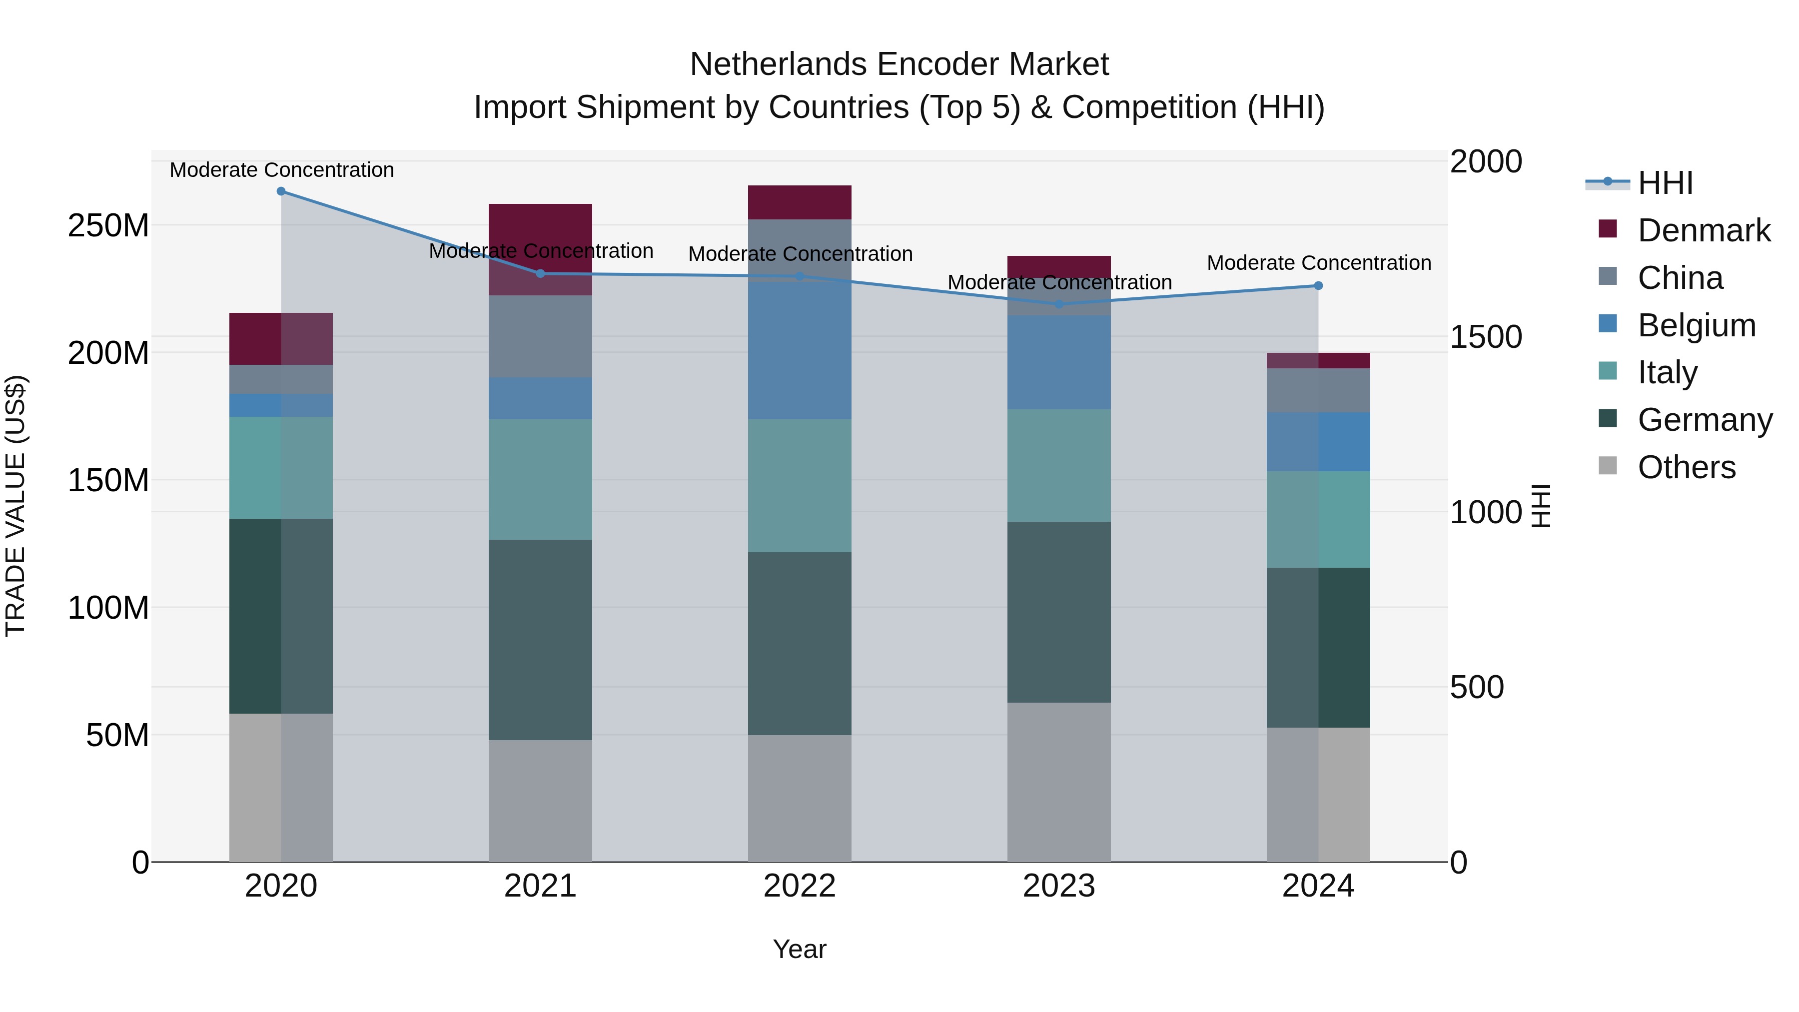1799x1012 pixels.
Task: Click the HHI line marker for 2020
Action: pyautogui.click(x=281, y=191)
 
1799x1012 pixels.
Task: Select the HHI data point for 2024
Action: pyautogui.click(x=1318, y=286)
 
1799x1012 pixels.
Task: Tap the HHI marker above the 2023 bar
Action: pyautogui.click(x=1059, y=304)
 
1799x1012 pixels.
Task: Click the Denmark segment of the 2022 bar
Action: pyautogui.click(x=800, y=202)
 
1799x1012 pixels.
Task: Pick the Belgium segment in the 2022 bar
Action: pyautogui.click(x=800, y=349)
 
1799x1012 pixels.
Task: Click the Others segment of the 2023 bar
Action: pyautogui.click(x=1059, y=782)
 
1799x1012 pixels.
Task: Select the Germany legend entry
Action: pyautogui.click(x=1704, y=420)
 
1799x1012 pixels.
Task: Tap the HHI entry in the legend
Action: pyautogui.click(x=1665, y=183)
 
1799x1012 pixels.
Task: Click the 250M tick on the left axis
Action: pyautogui.click(x=108, y=225)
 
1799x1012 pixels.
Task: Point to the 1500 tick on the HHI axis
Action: pyautogui.click(x=1486, y=337)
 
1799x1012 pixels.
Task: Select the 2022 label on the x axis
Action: pyautogui.click(x=800, y=886)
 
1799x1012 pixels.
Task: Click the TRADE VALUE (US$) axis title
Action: pyautogui.click(x=15, y=506)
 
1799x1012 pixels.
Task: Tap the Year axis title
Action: pyautogui.click(x=800, y=949)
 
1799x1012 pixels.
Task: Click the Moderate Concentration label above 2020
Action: pyautogui.click(x=281, y=170)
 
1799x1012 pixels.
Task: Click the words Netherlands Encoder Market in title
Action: pyautogui.click(x=899, y=64)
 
